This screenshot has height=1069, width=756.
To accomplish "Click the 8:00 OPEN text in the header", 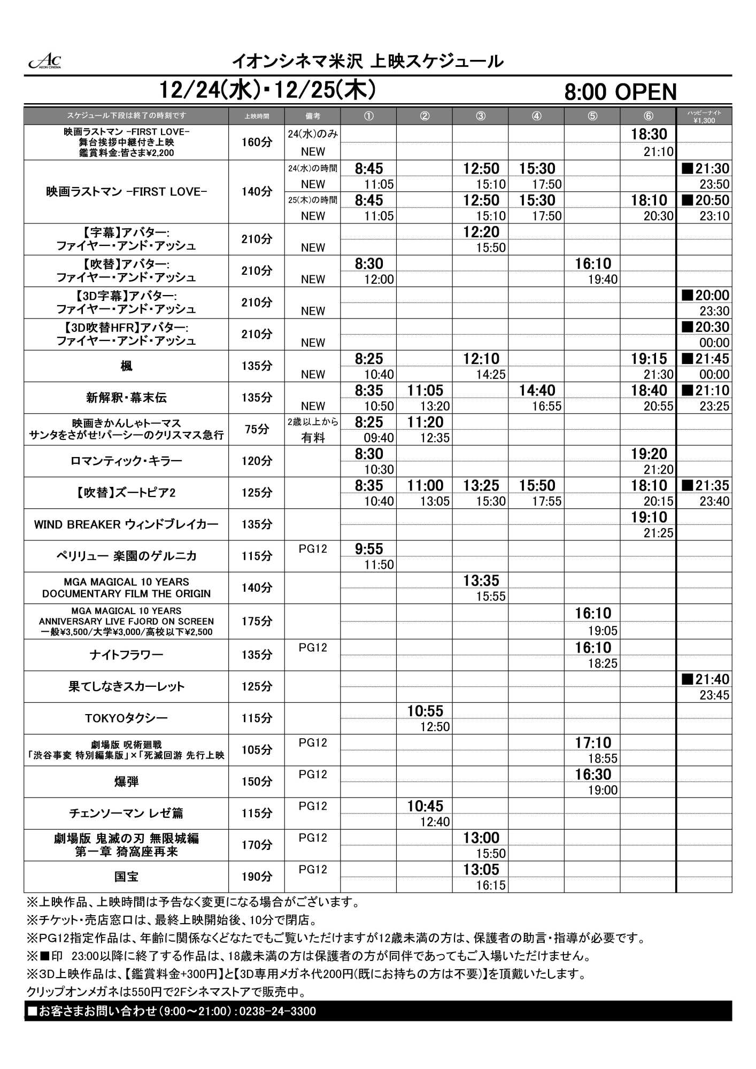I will pyautogui.click(x=620, y=92).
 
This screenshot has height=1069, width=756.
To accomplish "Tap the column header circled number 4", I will pyautogui.click(x=536, y=116).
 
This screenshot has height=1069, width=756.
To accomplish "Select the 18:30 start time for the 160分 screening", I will pyautogui.click(x=649, y=134).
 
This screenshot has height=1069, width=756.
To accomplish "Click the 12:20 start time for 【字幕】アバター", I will pyautogui.click(x=481, y=232).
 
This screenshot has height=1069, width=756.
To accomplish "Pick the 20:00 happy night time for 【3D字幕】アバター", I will pyautogui.click(x=706, y=296).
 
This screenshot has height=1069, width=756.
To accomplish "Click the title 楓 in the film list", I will pyautogui.click(x=126, y=366).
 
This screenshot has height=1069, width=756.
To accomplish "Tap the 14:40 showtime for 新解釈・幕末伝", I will pyautogui.click(x=537, y=391).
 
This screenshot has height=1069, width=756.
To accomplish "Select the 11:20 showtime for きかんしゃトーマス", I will pyautogui.click(x=425, y=422).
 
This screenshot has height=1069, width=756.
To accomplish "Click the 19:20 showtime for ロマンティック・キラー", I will pyautogui.click(x=649, y=454).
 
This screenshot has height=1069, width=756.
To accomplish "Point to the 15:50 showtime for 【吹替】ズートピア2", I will pyautogui.click(x=537, y=485).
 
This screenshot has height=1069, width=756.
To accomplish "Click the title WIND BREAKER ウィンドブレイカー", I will pyautogui.click(x=126, y=524).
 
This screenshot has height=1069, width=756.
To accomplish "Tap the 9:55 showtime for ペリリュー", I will pyautogui.click(x=369, y=549).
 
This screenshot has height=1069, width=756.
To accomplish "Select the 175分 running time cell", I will pyautogui.click(x=257, y=621).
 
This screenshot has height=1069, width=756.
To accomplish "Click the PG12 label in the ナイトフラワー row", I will pyautogui.click(x=312, y=648).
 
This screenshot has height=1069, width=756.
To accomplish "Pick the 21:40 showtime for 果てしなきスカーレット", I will pyautogui.click(x=706, y=679).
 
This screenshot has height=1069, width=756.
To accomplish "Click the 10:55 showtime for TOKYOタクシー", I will pyautogui.click(x=425, y=711).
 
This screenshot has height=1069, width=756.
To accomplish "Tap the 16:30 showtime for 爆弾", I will pyautogui.click(x=593, y=774).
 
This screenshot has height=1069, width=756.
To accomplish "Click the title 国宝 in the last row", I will pyautogui.click(x=126, y=877).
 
